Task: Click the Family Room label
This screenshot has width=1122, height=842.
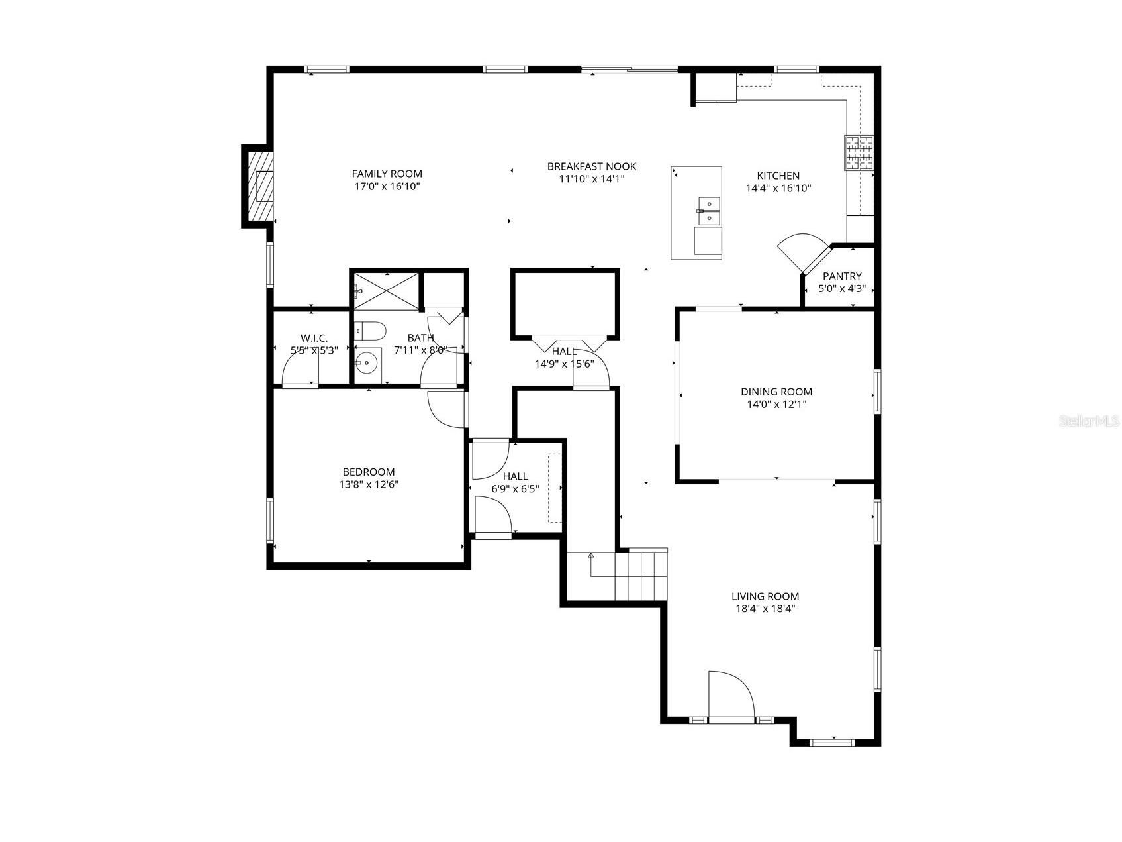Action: coord(387,174)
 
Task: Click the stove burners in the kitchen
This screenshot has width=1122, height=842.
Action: coord(858,153)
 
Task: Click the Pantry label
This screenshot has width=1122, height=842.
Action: coord(842,276)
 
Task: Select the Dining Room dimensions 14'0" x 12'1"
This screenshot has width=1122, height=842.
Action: coord(776,404)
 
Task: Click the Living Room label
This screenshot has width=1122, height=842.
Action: coord(765,596)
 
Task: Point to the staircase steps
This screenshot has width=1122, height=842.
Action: coord(640,574)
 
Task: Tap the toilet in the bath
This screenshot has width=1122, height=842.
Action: coord(370,330)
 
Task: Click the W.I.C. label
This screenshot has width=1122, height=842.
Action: coord(314,339)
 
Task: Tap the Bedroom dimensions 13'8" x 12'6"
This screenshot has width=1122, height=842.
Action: coord(369,484)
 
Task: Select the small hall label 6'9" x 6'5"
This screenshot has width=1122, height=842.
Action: coord(515,489)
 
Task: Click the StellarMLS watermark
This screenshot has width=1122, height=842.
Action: coord(1088,421)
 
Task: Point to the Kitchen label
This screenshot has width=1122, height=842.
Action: coord(778,176)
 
